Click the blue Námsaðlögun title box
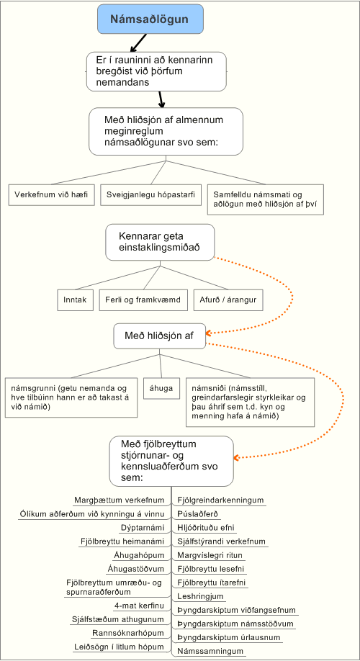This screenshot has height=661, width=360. point(150,19)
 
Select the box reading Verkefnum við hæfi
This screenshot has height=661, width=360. point(51,195)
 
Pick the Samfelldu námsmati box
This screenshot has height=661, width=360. point(266,200)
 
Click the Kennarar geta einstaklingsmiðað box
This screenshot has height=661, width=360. point(160,242)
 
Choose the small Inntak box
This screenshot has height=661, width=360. point(75,300)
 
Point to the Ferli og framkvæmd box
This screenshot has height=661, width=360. point(143,300)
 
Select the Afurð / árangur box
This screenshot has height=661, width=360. point(228,300)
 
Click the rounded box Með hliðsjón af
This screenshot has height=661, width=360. point(160,336)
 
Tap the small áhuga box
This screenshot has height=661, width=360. point(161,388)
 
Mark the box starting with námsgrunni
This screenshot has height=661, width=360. point(72,397)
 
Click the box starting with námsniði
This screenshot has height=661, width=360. point(251,402)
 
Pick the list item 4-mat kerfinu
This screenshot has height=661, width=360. point(139,606)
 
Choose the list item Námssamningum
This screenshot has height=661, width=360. point(210,652)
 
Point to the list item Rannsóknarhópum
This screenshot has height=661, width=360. point(129,633)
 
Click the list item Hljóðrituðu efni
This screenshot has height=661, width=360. point(206,527)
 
